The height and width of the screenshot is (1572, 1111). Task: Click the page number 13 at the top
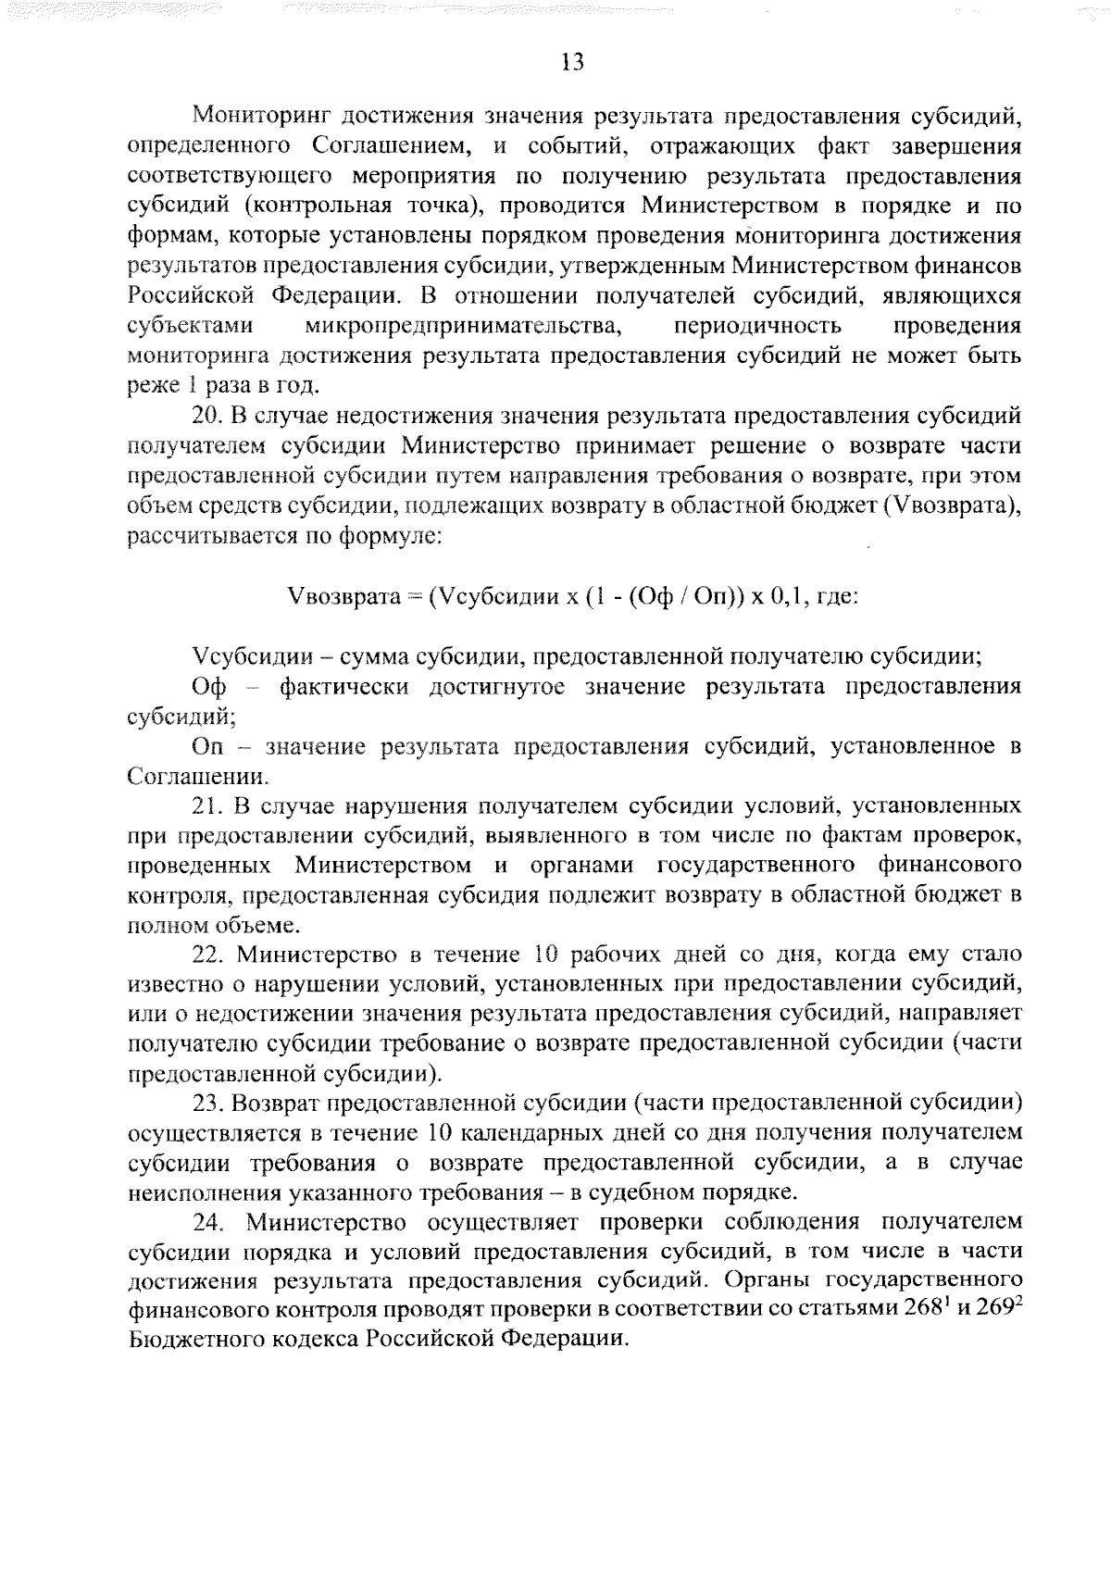click(573, 62)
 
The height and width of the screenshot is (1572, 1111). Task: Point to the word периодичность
click(758, 326)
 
